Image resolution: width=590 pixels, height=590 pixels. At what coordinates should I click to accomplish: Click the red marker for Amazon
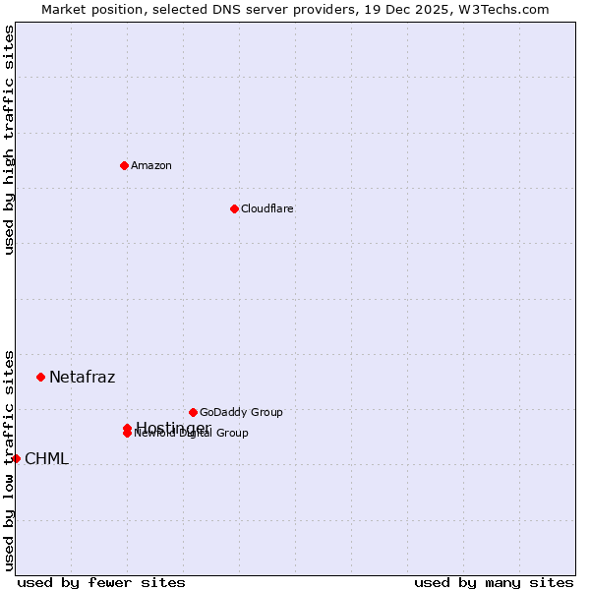tap(124, 165)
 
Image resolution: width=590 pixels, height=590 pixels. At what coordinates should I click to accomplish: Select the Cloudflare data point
tap(234, 208)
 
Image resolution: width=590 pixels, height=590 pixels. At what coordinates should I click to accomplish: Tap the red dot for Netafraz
tap(40, 377)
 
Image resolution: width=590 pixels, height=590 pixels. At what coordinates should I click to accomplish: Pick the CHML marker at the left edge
tap(16, 458)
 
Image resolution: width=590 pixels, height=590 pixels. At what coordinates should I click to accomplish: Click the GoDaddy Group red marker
tap(193, 412)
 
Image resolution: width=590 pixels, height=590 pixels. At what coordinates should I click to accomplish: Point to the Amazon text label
tap(150, 165)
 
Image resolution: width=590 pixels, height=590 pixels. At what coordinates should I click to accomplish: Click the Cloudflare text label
tap(266, 208)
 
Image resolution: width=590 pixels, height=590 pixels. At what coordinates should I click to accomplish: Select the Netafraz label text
tap(82, 377)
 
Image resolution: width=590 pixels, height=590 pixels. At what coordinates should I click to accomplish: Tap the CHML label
tap(46, 458)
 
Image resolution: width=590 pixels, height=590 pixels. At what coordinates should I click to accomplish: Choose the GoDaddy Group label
tap(241, 412)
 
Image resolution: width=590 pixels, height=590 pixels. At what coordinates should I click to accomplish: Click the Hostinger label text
tap(173, 428)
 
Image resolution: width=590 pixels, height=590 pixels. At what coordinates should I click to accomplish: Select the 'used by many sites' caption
tap(494, 582)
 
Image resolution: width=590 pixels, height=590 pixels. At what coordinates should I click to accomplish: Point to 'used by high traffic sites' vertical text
tap(9, 140)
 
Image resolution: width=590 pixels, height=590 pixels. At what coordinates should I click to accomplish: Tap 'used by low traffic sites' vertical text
tap(9, 458)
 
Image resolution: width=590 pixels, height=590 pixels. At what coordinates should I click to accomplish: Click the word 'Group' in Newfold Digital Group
tap(232, 433)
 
